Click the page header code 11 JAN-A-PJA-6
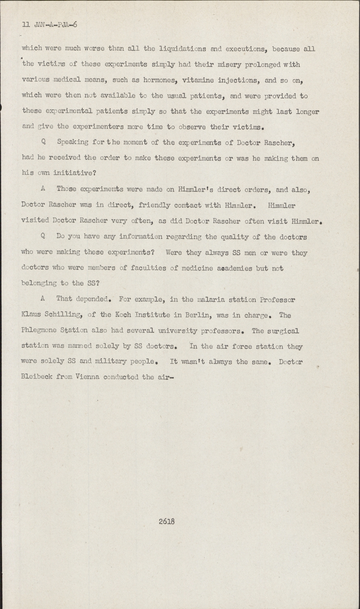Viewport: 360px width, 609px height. point(50,25)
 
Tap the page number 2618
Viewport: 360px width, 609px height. point(166,521)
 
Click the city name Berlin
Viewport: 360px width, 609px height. point(198,315)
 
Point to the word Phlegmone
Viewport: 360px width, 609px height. point(39,331)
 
